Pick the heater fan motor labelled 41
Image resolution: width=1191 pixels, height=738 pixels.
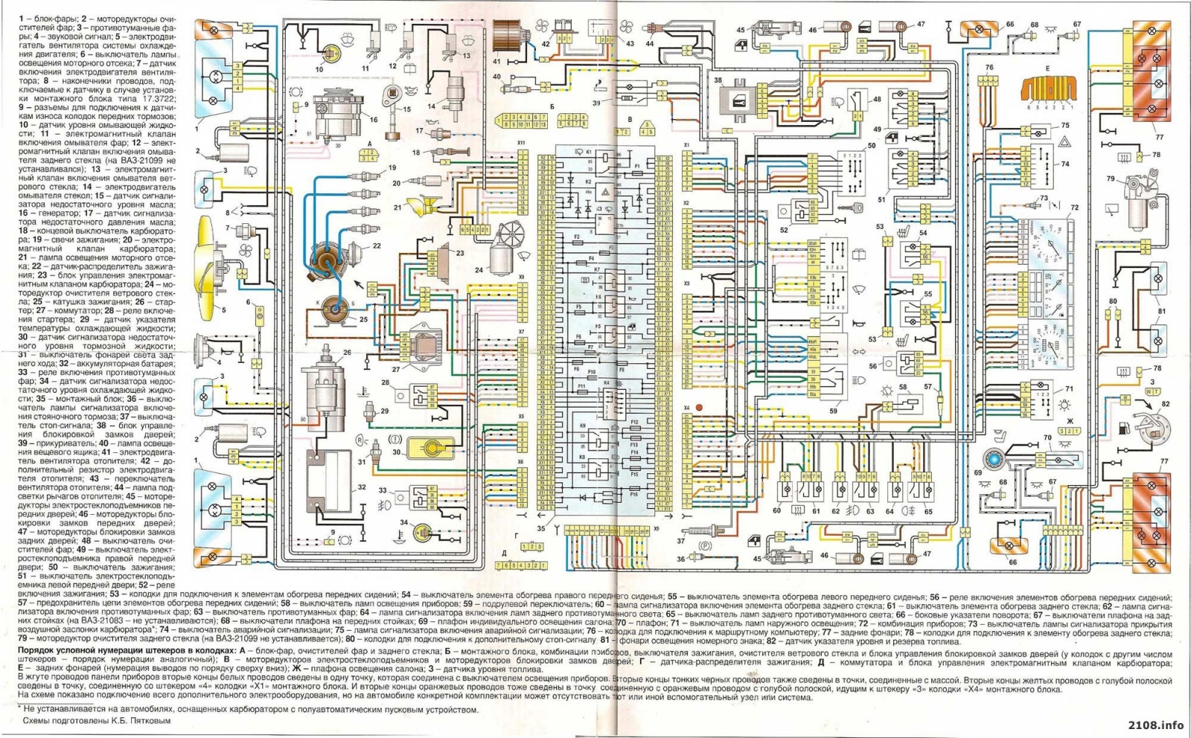(x=509, y=36)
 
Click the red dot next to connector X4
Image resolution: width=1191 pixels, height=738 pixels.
(x=699, y=408)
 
